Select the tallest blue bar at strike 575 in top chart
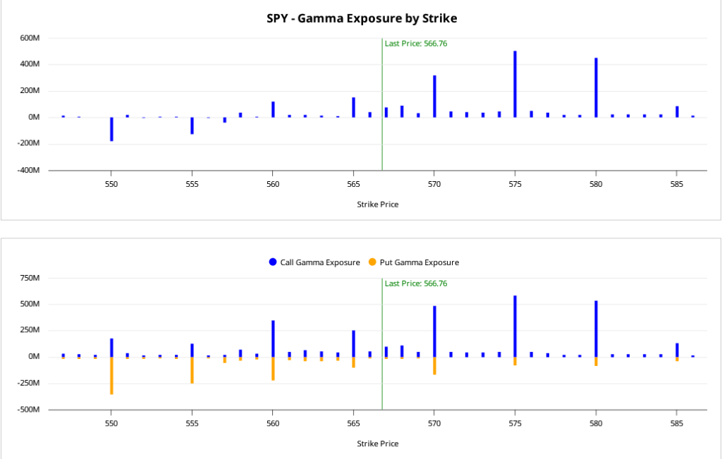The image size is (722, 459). click(515, 84)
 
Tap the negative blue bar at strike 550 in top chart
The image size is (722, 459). click(111, 129)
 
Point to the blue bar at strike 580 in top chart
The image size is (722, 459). click(596, 87)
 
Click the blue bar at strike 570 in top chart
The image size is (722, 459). click(434, 97)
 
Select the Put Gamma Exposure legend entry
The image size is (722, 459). click(413, 262)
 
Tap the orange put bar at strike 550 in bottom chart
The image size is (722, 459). click(111, 375)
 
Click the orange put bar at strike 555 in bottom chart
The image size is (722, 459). click(192, 370)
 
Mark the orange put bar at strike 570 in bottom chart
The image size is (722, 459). click(434, 365)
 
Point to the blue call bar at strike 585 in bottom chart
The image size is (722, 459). click(677, 350)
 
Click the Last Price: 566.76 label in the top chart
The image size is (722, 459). click(416, 44)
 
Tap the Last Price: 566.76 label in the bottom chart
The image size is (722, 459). click(416, 283)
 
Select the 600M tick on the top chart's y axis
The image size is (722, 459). click(30, 38)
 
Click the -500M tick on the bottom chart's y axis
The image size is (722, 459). click(28, 410)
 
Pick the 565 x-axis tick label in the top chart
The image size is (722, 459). click(354, 184)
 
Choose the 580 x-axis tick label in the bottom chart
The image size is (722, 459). click(596, 424)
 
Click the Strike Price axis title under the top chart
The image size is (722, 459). click(378, 204)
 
